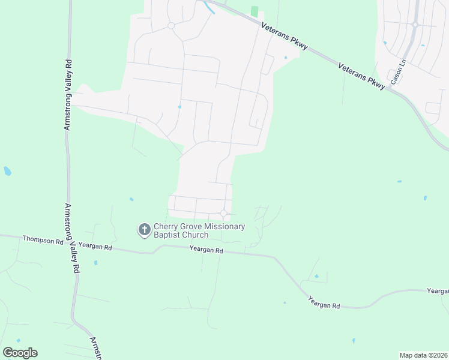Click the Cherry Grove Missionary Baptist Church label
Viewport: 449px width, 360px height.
tap(199, 230)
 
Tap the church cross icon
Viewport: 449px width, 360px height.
tap(144, 230)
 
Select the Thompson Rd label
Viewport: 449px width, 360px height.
tap(43, 239)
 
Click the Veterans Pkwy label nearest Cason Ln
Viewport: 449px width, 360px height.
tap(361, 76)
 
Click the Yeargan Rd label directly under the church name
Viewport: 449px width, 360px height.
tap(206, 250)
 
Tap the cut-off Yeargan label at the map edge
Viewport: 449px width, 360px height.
tap(438, 291)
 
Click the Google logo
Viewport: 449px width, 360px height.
tap(20, 353)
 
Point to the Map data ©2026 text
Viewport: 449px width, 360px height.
tap(423, 355)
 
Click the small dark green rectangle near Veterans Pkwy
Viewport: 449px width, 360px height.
tap(255, 11)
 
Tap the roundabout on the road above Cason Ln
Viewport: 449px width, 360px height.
tap(415, 25)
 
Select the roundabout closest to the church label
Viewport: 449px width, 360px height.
tap(224, 214)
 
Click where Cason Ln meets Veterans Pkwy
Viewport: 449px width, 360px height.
tap(390, 89)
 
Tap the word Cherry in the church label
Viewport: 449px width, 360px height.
tap(166, 226)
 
